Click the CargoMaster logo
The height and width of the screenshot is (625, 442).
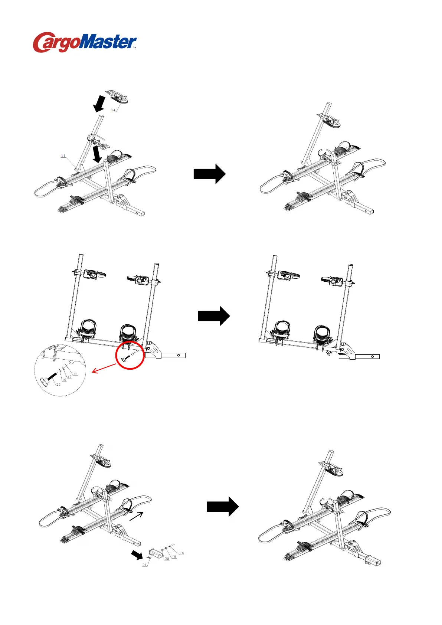pos(85,42)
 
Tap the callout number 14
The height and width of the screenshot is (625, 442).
pos(113,110)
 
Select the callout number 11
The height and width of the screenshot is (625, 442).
pos(63,156)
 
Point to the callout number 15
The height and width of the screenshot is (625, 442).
pos(58,385)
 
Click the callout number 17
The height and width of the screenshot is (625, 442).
pos(69,377)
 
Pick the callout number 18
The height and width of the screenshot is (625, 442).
pos(182,553)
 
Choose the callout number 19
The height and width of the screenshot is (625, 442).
pos(174,557)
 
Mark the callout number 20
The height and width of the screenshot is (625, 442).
pos(167,559)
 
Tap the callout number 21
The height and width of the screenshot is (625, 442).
pos(144,565)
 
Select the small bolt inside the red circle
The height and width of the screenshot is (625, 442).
pos(125,359)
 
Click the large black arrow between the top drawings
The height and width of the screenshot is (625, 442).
pos(210,174)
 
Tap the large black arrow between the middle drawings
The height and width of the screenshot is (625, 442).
pos(214,316)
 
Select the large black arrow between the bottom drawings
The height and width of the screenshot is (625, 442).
pos(223,507)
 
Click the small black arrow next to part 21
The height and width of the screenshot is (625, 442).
pos(136,555)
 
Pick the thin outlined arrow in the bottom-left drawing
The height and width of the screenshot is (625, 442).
pos(136,516)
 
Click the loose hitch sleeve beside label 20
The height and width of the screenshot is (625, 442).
pos(154,553)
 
